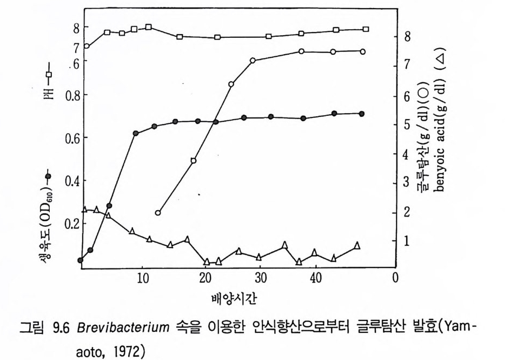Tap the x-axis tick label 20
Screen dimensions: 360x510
point(204,278)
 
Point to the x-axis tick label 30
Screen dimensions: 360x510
point(261,278)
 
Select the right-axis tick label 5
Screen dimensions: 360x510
point(407,125)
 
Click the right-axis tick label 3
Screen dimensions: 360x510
point(407,182)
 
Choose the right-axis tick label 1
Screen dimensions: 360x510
point(407,241)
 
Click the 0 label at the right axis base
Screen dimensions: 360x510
point(395,278)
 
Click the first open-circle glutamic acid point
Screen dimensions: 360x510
point(158,213)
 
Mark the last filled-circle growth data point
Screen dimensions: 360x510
point(361,114)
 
